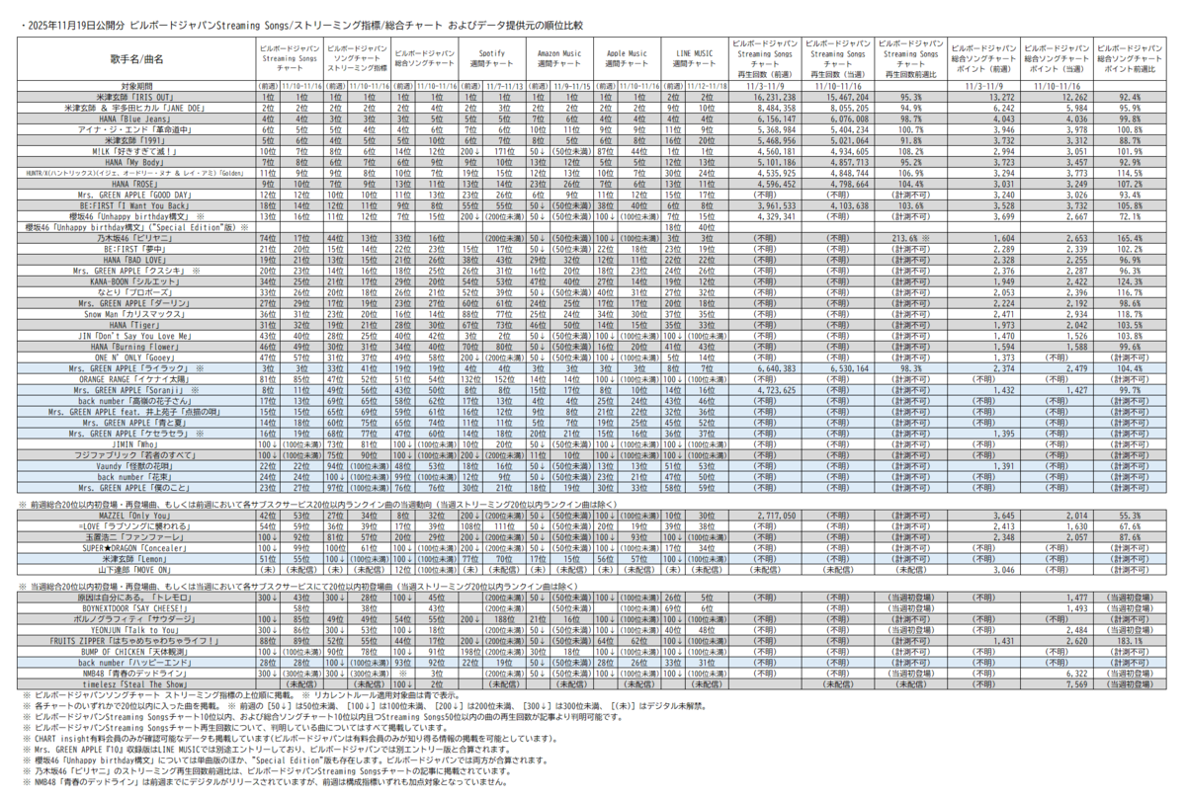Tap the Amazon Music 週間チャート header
click(558, 58)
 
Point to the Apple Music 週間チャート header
click(626, 58)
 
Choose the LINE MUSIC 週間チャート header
click(694, 58)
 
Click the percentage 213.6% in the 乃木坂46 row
click(906, 238)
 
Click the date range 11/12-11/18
click(707, 86)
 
